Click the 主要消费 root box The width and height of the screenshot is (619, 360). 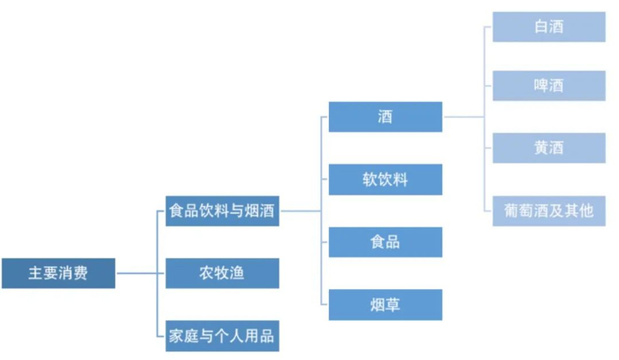pos(58,273)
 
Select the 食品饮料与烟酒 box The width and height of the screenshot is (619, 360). pos(222,211)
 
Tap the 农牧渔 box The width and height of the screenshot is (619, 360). pos(222,273)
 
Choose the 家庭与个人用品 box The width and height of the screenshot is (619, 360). pos(222,336)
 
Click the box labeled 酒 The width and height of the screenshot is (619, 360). pos(386,117)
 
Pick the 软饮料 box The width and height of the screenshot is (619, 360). pos(386,180)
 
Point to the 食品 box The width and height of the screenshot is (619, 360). pos(386,242)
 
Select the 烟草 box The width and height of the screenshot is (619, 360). pos(386,305)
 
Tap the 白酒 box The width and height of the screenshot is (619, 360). pos(549,27)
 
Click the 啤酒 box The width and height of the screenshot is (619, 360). pos(549,86)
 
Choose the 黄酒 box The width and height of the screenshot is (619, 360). pos(549,148)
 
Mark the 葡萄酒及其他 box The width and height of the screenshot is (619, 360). pos(549,211)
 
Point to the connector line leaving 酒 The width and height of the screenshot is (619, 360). pos(463,117)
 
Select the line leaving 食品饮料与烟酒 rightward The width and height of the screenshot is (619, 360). pos(300,211)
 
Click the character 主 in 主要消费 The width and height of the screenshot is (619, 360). pos(35,273)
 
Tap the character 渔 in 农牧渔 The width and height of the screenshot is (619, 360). pos(237,273)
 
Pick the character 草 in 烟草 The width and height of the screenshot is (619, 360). pos(393,305)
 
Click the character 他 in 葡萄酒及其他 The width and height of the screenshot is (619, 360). pos(586,211)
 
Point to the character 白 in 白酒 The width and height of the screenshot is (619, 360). pos(541,27)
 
